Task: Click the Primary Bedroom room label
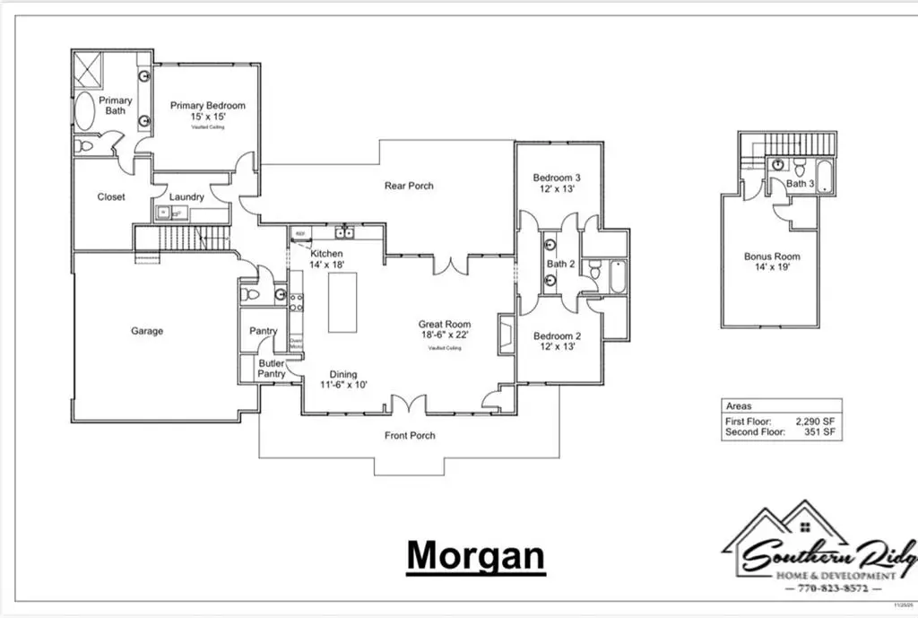coord(207,106)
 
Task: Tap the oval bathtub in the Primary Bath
coord(86,112)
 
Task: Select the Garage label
coord(147,331)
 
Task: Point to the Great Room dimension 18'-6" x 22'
coord(444,335)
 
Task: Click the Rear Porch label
coord(409,186)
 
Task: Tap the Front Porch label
coord(410,436)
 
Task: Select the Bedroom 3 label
coord(557,177)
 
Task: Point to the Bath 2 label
coord(560,264)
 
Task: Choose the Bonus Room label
coord(772,257)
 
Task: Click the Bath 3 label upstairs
coord(800,184)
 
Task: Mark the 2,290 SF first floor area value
coord(815,420)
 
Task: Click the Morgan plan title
coord(474,555)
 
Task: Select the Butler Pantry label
coord(272,369)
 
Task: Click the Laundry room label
coord(186,197)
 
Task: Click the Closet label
coord(111,197)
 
